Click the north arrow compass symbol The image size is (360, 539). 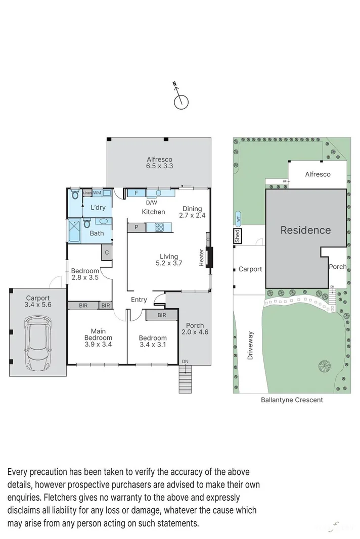[181, 101]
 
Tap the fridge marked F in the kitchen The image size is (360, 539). [136, 192]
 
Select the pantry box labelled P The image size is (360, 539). [136, 227]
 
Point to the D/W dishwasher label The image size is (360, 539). [150, 202]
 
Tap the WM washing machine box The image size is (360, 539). [97, 192]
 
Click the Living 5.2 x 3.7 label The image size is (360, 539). [168, 260]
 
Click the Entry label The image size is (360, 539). [139, 300]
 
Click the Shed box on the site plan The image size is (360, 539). [236, 236]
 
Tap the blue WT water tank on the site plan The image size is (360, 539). [237, 219]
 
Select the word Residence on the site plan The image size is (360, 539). [305, 230]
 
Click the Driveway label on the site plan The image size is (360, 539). [250, 346]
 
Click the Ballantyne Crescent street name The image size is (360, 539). [292, 400]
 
